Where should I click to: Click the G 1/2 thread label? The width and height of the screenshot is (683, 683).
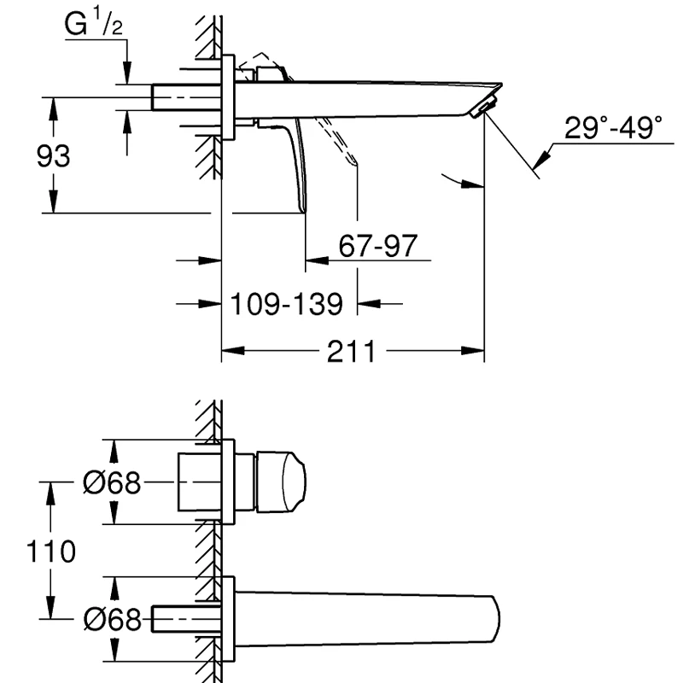pos(94,24)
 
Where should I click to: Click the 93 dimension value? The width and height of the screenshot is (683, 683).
pos(53,156)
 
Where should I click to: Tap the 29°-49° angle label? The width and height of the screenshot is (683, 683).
pos(613,127)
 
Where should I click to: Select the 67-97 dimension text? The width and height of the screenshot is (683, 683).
pos(378,246)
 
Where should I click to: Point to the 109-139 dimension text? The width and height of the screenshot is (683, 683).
pos(287,304)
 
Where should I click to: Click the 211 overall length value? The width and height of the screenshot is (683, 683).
pos(351,352)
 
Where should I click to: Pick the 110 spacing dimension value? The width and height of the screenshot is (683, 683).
pos(51,552)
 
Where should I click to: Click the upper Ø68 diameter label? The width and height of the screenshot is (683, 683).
pos(112,482)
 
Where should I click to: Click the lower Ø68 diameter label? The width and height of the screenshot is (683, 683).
pos(113,619)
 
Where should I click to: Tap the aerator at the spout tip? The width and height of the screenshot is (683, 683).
pos(483,108)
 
